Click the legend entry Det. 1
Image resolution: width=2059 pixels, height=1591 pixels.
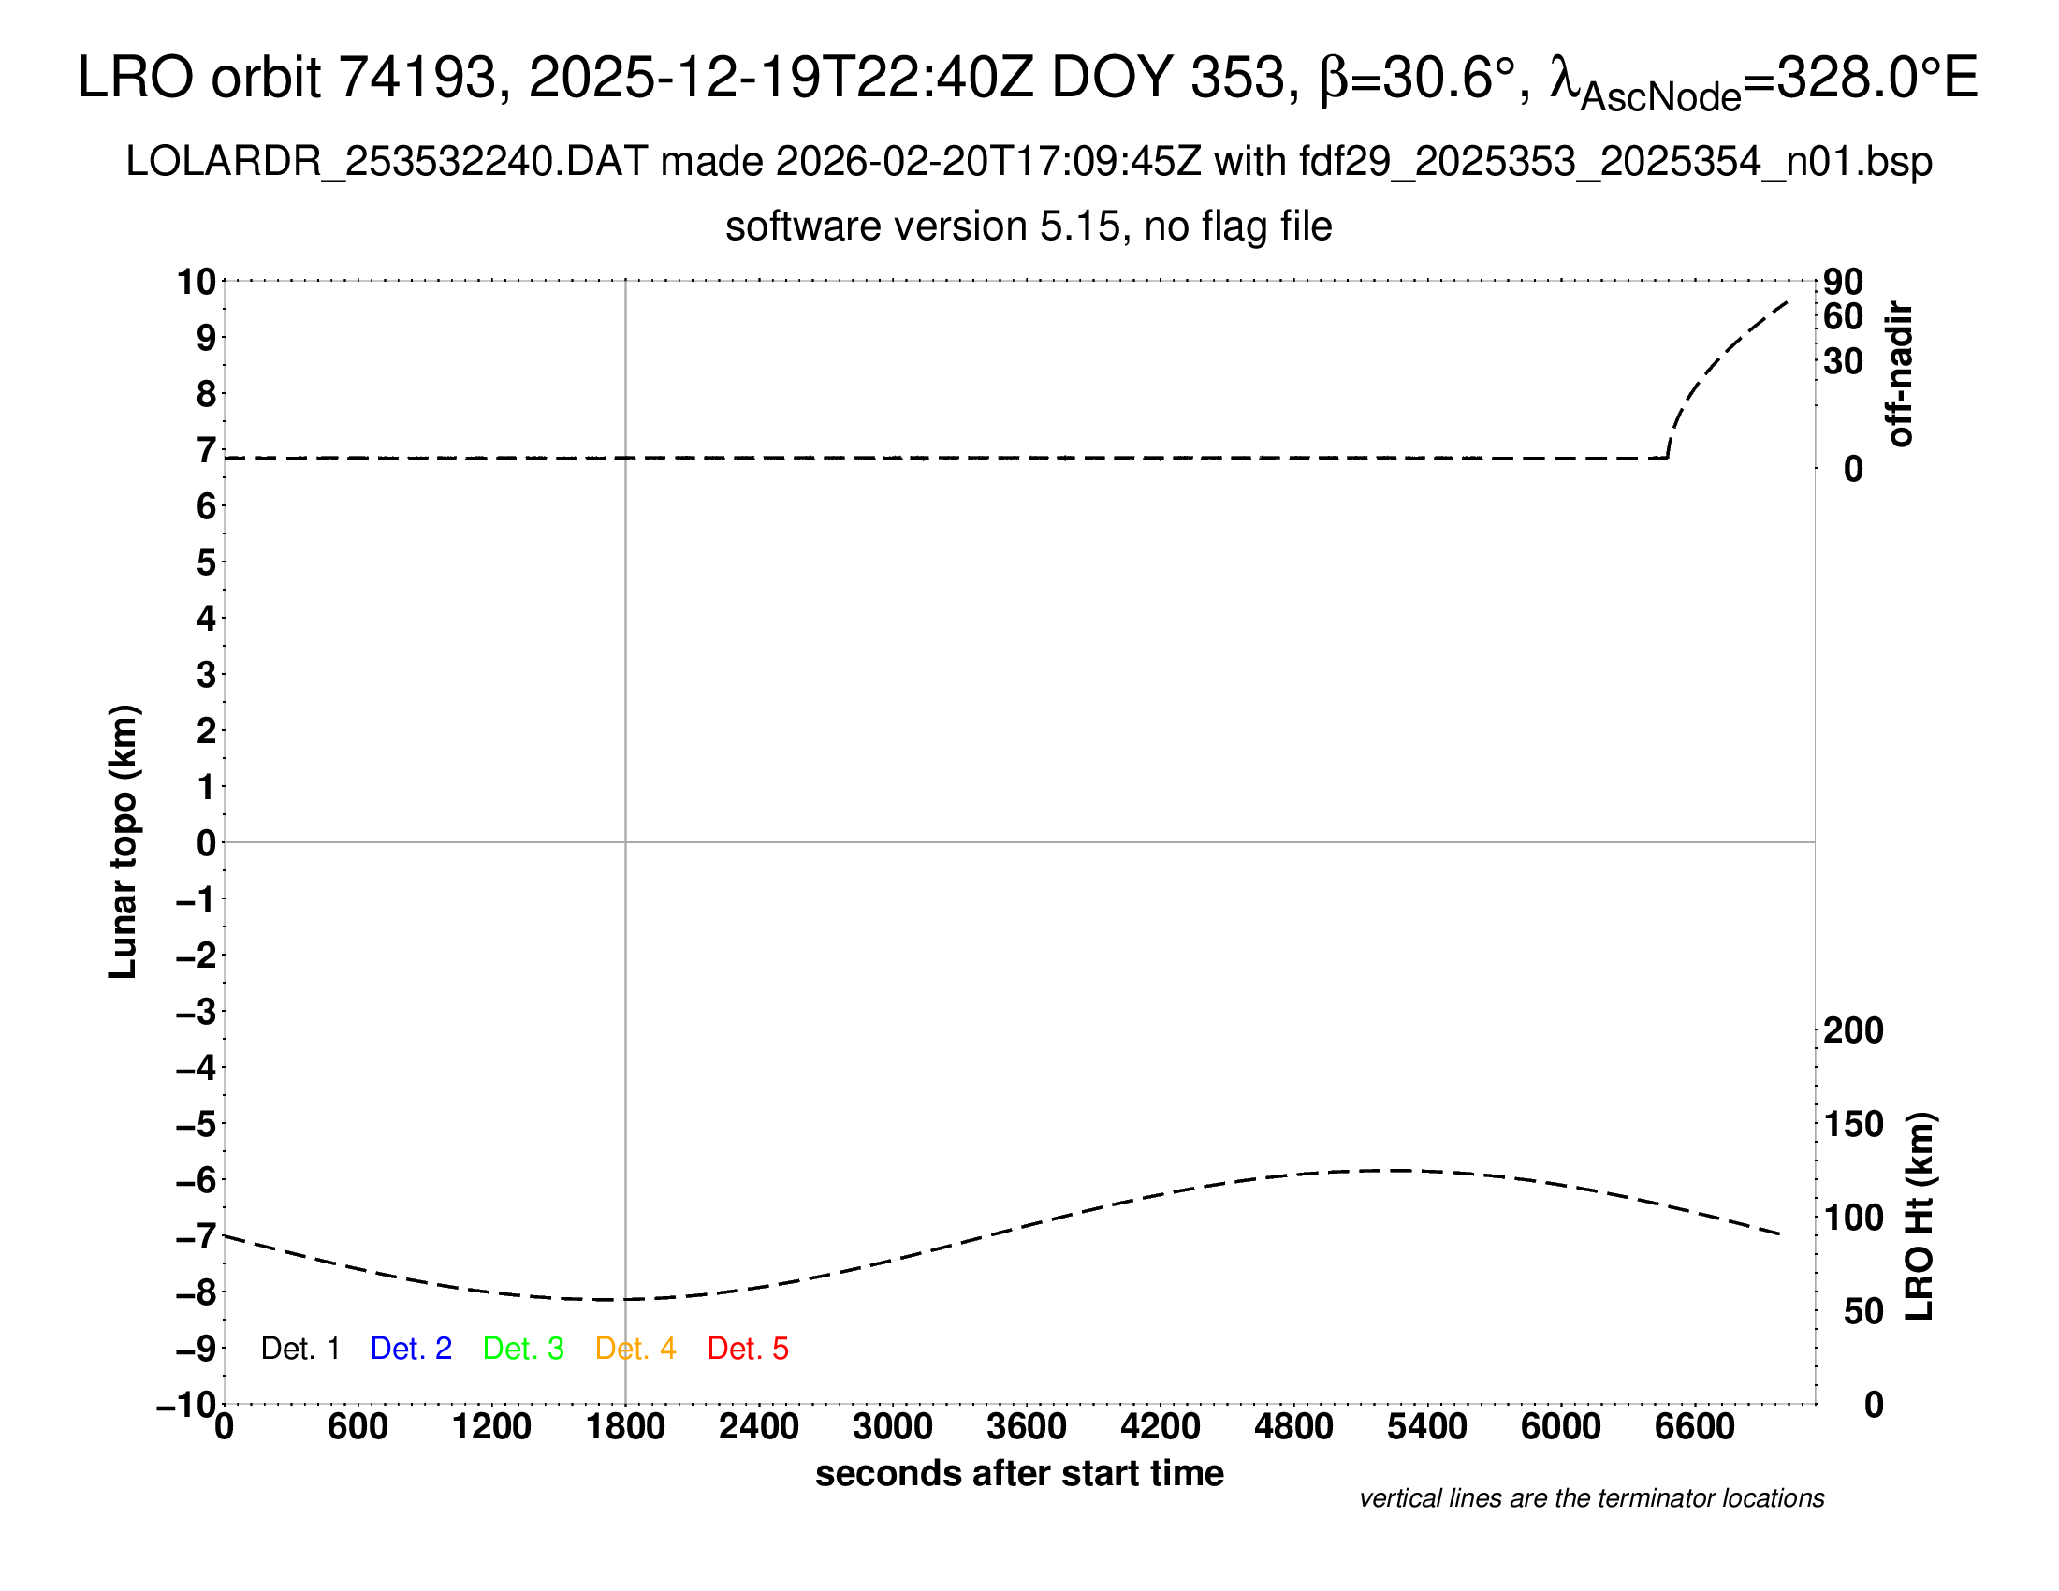(x=299, y=1349)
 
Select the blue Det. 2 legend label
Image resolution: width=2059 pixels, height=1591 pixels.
(x=411, y=1349)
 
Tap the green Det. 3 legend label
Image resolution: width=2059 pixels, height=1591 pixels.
(x=523, y=1349)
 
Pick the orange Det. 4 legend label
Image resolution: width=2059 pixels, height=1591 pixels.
(x=635, y=1349)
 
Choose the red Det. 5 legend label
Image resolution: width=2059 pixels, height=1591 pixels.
(x=748, y=1349)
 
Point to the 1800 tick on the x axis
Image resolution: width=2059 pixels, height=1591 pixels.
(x=625, y=1427)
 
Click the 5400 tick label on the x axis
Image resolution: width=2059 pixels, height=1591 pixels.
(x=1426, y=1427)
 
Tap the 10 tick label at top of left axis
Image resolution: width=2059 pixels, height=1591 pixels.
(x=197, y=282)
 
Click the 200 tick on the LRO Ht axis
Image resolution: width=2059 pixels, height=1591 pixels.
(x=1853, y=1030)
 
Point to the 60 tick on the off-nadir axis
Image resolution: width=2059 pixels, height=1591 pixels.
(x=1843, y=316)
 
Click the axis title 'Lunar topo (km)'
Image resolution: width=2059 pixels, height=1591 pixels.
(x=123, y=841)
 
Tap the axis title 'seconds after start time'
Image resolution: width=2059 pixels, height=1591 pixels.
(x=1019, y=1473)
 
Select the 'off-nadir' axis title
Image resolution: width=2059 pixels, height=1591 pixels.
(x=1901, y=373)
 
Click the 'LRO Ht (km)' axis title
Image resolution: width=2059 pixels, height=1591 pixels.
(x=1920, y=1217)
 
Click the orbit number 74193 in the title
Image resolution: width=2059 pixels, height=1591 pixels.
(x=417, y=78)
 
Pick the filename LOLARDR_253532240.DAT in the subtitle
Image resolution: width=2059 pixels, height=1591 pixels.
(x=386, y=162)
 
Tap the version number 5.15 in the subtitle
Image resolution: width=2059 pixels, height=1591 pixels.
(x=1084, y=226)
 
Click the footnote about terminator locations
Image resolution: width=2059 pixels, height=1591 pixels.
(x=1591, y=1498)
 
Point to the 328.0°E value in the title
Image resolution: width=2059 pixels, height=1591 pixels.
(x=1876, y=78)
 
